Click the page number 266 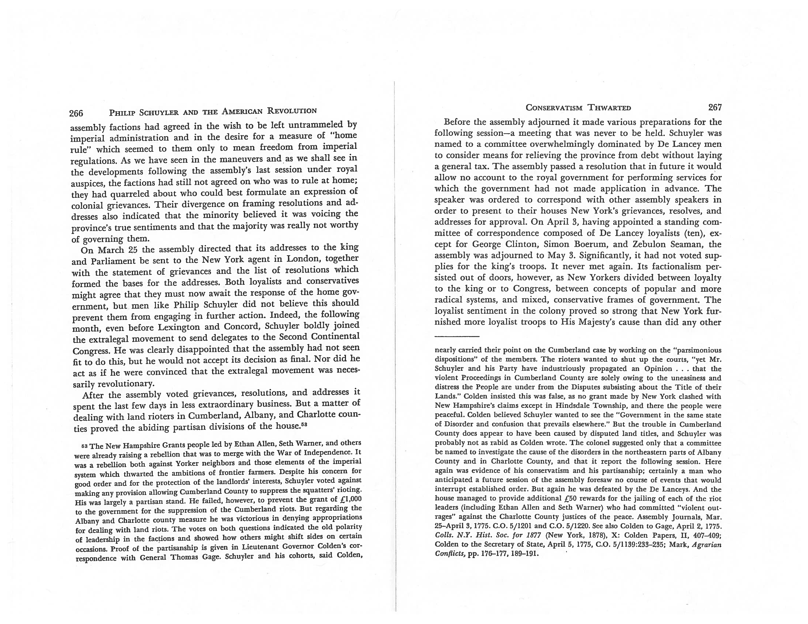click(76, 113)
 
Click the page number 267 click(715, 108)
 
